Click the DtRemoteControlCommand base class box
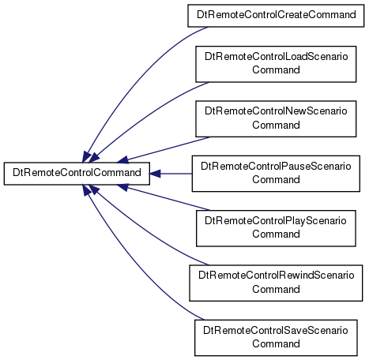coord(77,174)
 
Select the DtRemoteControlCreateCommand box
coord(276,16)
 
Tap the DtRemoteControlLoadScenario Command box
coord(276,64)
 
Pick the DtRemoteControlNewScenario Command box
coord(276,118)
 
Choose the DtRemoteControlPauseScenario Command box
coord(276,174)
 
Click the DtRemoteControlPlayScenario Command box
coord(276,228)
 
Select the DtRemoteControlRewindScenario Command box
coord(276,283)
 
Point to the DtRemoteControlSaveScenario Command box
coord(276,338)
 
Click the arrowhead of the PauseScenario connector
coord(155,174)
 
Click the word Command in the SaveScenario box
coord(276,344)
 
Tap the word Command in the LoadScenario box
coord(276,70)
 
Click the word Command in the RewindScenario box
coord(276,290)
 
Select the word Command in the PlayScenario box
coord(276,234)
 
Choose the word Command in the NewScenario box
coord(276,125)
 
